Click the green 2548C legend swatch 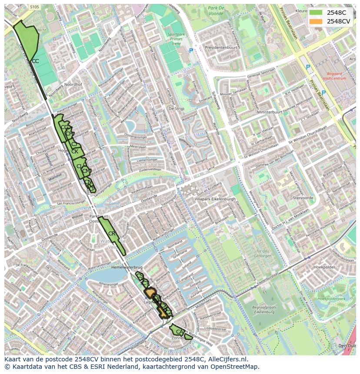point(316,13)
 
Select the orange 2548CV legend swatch point(316,21)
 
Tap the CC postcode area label point(35,61)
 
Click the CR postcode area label point(112,234)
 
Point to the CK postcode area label point(75,152)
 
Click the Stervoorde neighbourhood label point(303,198)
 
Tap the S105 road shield point(35,7)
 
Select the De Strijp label point(176,109)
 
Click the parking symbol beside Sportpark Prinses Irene point(191,51)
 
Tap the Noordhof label point(73,85)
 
